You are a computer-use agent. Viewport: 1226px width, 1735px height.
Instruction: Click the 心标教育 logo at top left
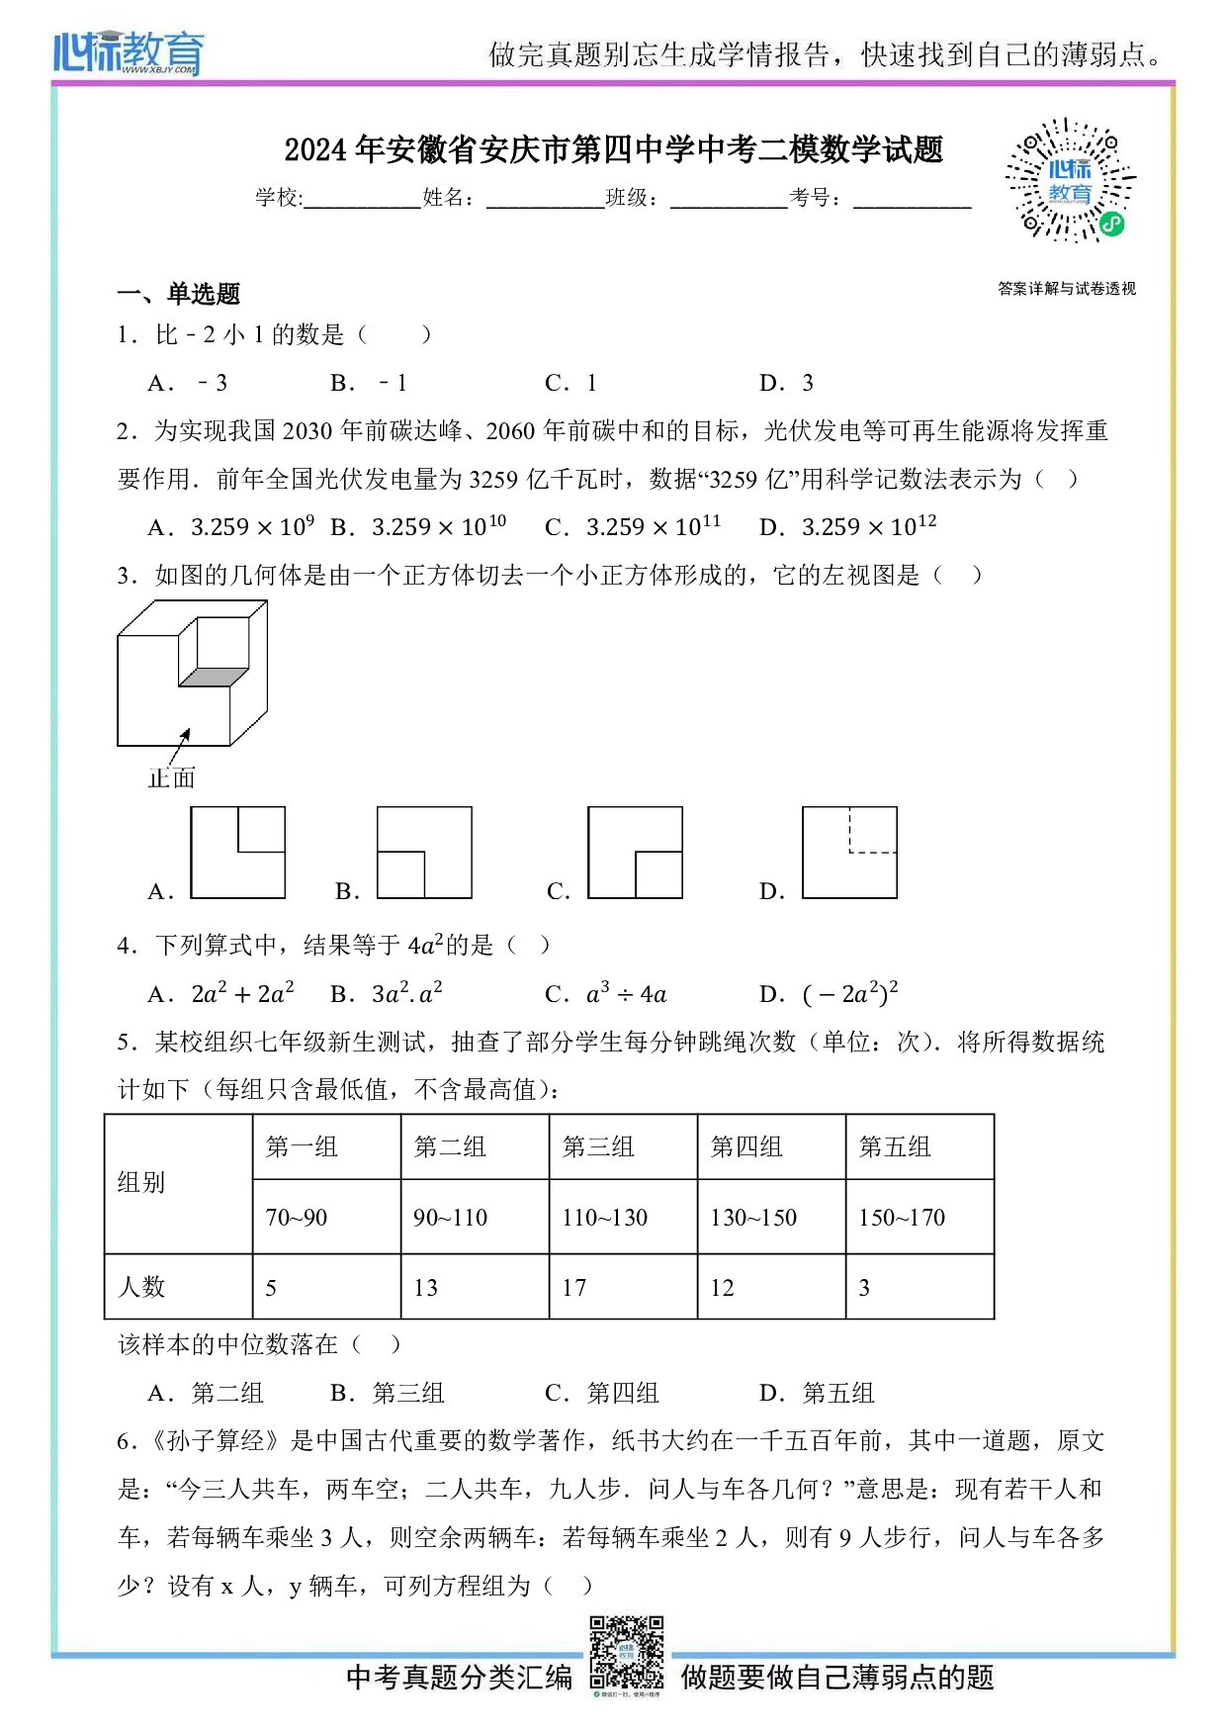click(129, 51)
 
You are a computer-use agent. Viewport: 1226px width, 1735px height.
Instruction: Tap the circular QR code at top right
click(1069, 181)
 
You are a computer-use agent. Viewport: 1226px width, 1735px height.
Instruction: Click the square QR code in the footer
click(627, 1651)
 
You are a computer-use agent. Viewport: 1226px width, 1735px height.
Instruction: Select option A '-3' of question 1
click(189, 383)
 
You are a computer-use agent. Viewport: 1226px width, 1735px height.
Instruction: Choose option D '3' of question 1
click(787, 383)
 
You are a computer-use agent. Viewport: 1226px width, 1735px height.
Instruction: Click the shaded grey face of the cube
click(214, 677)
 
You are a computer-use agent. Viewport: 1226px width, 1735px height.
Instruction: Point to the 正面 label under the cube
click(171, 777)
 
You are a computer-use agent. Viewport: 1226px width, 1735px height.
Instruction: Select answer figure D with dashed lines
click(849, 853)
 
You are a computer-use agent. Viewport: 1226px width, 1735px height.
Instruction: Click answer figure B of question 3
click(424, 853)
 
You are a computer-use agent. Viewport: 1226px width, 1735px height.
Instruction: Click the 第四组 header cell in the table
click(771, 1146)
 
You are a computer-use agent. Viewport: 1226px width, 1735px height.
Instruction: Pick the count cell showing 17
click(623, 1287)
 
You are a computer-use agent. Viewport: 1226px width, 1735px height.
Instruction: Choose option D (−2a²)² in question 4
click(831, 993)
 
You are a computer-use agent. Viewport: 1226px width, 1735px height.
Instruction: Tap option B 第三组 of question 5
click(389, 1393)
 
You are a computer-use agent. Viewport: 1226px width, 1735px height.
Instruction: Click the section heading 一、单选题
click(179, 293)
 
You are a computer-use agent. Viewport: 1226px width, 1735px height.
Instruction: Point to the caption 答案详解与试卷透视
click(1066, 289)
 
